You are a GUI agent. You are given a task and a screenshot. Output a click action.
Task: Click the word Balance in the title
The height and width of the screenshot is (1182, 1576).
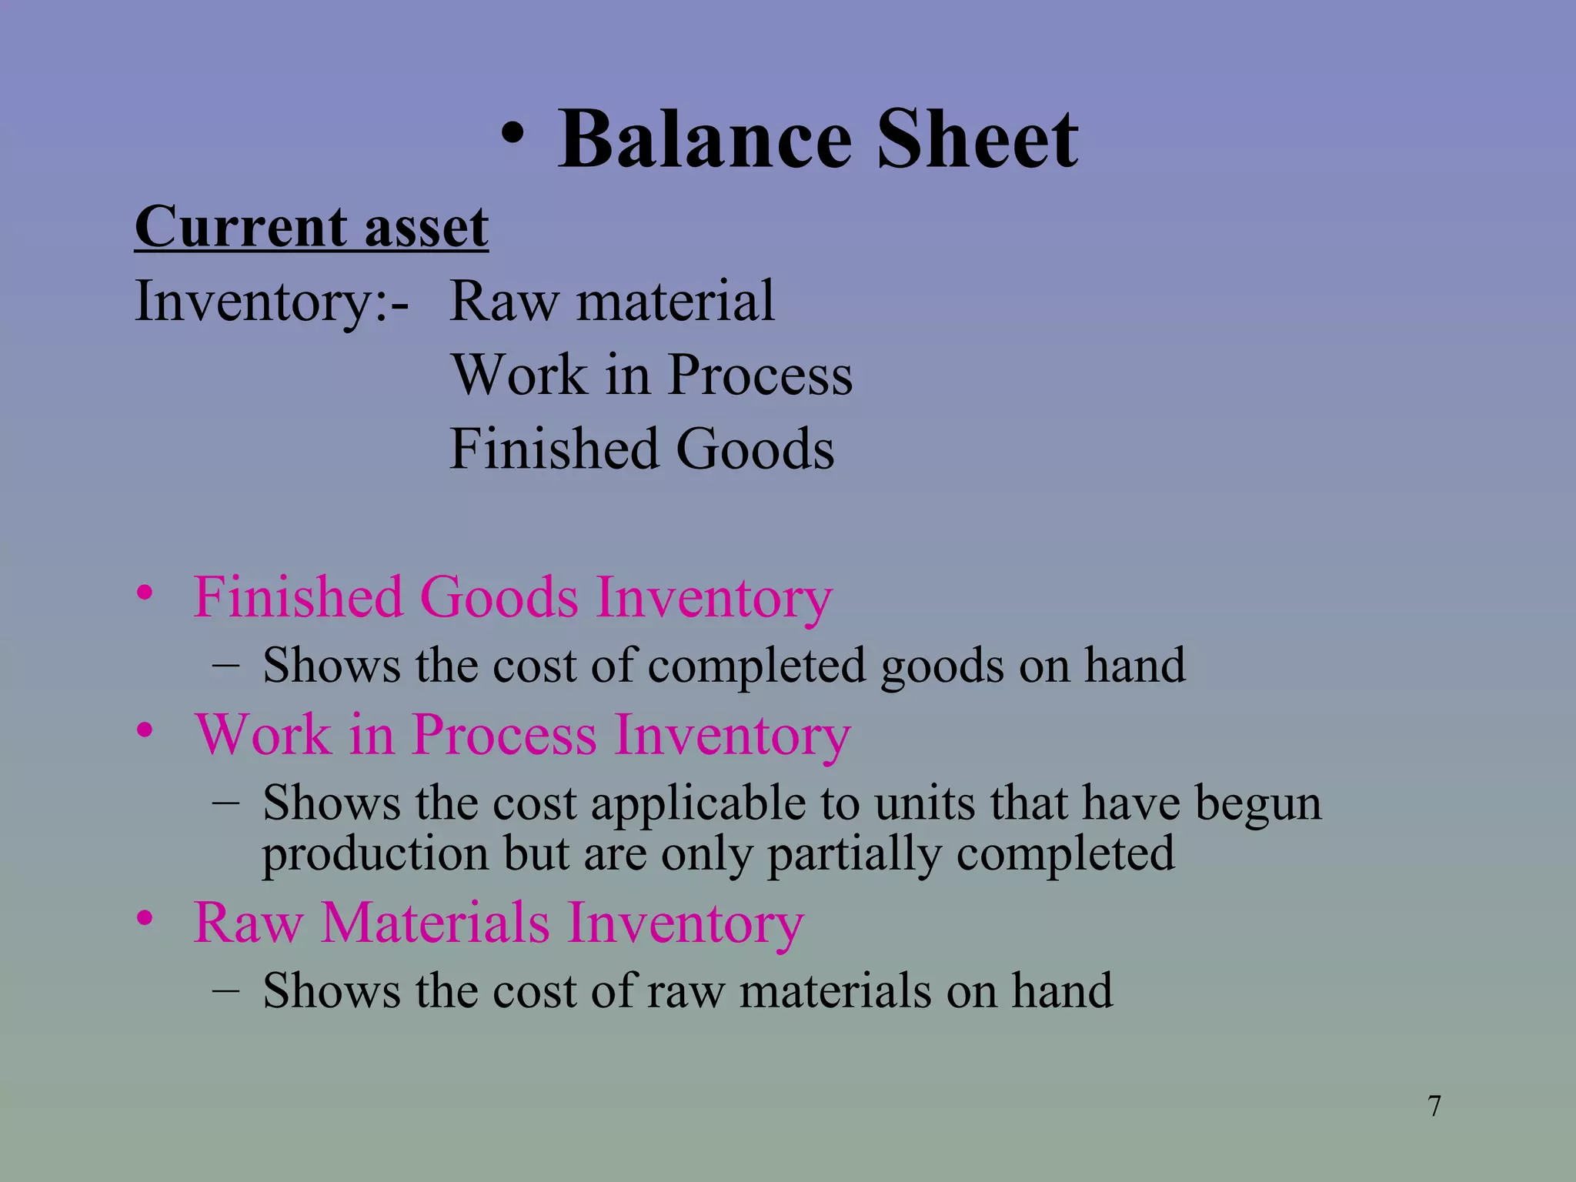click(705, 139)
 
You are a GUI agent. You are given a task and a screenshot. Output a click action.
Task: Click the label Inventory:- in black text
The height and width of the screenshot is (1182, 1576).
click(272, 301)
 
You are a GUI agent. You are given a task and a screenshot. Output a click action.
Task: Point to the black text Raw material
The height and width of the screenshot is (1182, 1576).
click(612, 301)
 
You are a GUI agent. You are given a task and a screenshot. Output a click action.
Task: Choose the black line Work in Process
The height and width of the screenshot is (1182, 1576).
click(652, 375)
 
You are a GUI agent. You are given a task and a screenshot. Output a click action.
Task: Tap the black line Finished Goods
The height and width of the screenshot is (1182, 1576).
click(642, 449)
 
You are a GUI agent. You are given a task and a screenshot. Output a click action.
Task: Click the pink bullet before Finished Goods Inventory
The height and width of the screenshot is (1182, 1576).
click(145, 593)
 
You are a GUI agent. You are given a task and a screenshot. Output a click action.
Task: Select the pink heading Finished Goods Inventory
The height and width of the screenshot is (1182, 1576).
click(513, 597)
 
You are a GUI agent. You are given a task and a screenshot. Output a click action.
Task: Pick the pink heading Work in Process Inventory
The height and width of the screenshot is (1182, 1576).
click(523, 734)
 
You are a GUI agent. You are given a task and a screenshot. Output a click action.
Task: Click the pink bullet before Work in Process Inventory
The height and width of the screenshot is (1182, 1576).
click(145, 730)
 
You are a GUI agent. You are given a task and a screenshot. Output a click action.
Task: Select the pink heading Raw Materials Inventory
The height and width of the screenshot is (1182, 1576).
click(499, 922)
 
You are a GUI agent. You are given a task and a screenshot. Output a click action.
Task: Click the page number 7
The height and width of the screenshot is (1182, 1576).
click(1434, 1107)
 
